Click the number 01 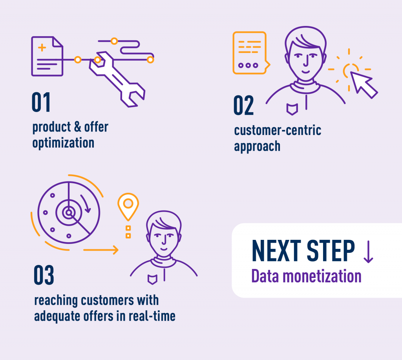(41, 102)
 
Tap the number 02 (243, 105)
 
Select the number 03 (44, 275)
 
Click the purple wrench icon (117, 79)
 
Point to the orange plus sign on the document (42, 48)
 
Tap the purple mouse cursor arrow (363, 84)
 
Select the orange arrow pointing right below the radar (101, 250)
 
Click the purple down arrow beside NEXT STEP (368, 252)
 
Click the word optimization (63, 143)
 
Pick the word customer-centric (278, 130)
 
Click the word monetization (322, 276)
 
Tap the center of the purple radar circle (69, 212)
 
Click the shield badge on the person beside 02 (292, 109)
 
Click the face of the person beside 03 (164, 240)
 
